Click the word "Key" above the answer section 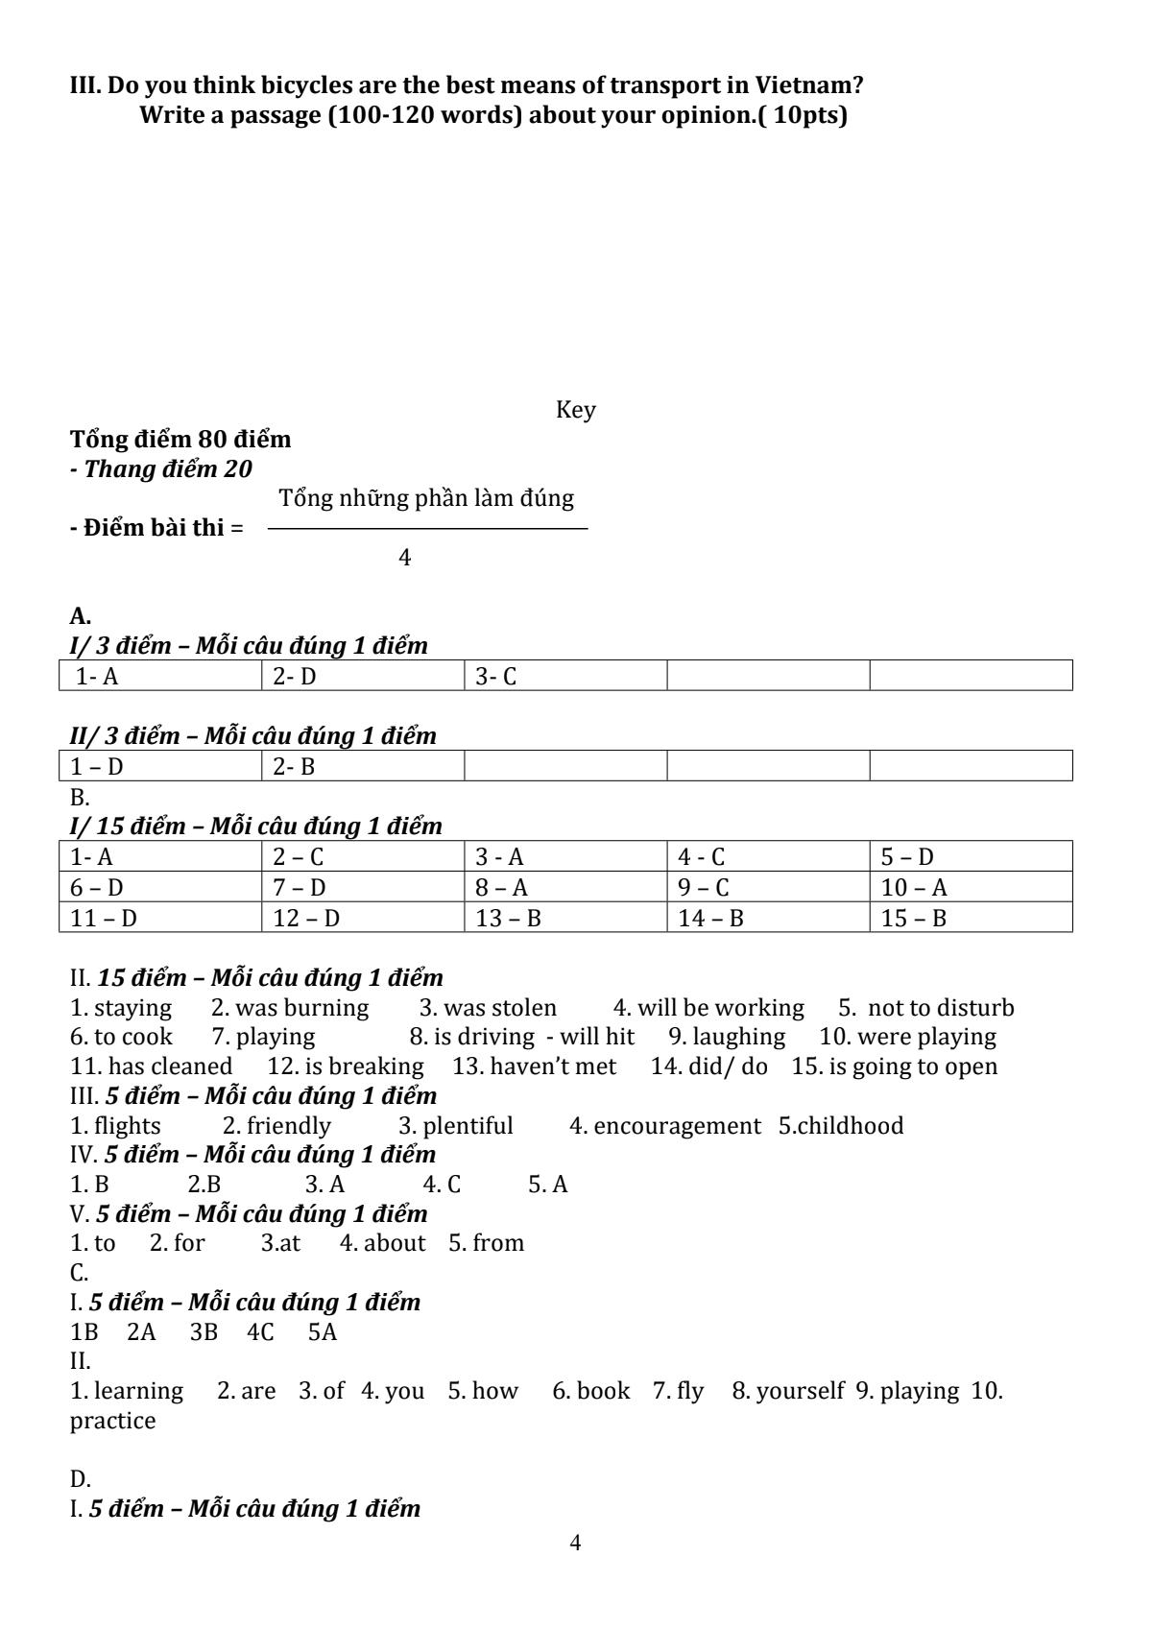coord(575,410)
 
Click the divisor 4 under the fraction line coord(405,558)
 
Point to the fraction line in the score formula coord(427,529)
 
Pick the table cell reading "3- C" coord(564,676)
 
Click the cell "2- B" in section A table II coord(362,766)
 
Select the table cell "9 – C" coord(767,887)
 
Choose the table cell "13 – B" coord(564,918)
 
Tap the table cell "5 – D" coord(970,856)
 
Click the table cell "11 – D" coord(159,918)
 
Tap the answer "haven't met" coord(553,1066)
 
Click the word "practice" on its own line coord(112,1421)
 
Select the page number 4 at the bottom coord(575,1543)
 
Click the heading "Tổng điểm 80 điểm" coord(180,440)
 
